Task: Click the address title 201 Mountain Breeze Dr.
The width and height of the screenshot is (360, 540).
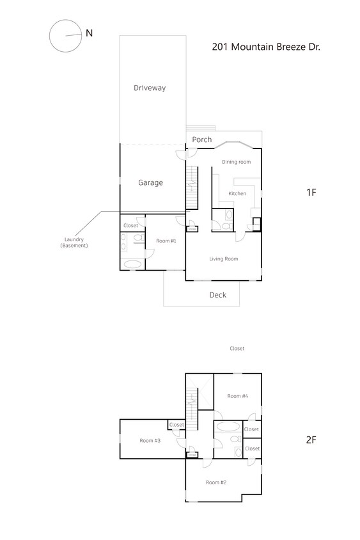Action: click(x=265, y=47)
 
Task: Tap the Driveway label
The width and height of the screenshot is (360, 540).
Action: click(x=150, y=88)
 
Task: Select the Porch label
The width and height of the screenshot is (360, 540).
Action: click(x=202, y=139)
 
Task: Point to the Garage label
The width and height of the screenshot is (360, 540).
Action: click(x=151, y=182)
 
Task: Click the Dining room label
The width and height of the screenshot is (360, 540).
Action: click(x=237, y=162)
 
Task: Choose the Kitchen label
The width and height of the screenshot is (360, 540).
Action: click(x=238, y=193)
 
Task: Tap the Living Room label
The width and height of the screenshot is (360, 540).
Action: click(x=224, y=258)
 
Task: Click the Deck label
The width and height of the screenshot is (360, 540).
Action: click(x=218, y=295)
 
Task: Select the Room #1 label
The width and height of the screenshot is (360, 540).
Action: click(x=166, y=241)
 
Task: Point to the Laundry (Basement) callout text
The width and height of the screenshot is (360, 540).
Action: click(x=74, y=242)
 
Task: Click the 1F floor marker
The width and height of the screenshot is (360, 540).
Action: click(x=311, y=192)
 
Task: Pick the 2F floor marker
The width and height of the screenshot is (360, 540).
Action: click(x=311, y=440)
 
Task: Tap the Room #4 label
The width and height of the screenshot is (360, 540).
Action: click(x=237, y=396)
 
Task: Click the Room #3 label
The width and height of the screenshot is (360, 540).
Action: click(x=150, y=440)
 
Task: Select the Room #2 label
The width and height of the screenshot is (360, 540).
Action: click(x=216, y=482)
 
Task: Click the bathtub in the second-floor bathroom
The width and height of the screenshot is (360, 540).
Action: click(x=227, y=426)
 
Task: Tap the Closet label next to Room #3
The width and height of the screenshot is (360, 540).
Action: click(x=176, y=425)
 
